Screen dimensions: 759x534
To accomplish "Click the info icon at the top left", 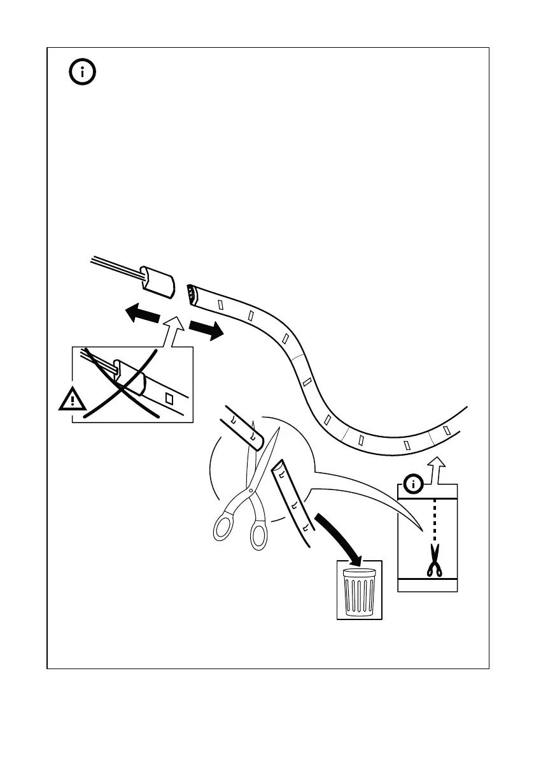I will [83, 73].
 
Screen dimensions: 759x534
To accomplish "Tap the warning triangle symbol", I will [74, 400].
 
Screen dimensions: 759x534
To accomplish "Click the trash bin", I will [360, 590].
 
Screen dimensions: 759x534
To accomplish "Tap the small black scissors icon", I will [435, 561].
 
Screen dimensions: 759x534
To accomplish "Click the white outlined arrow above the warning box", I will [174, 331].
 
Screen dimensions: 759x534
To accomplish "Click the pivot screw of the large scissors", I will [253, 490].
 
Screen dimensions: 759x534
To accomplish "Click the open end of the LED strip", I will [191, 294].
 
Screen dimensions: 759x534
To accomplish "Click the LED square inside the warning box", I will [169, 399].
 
